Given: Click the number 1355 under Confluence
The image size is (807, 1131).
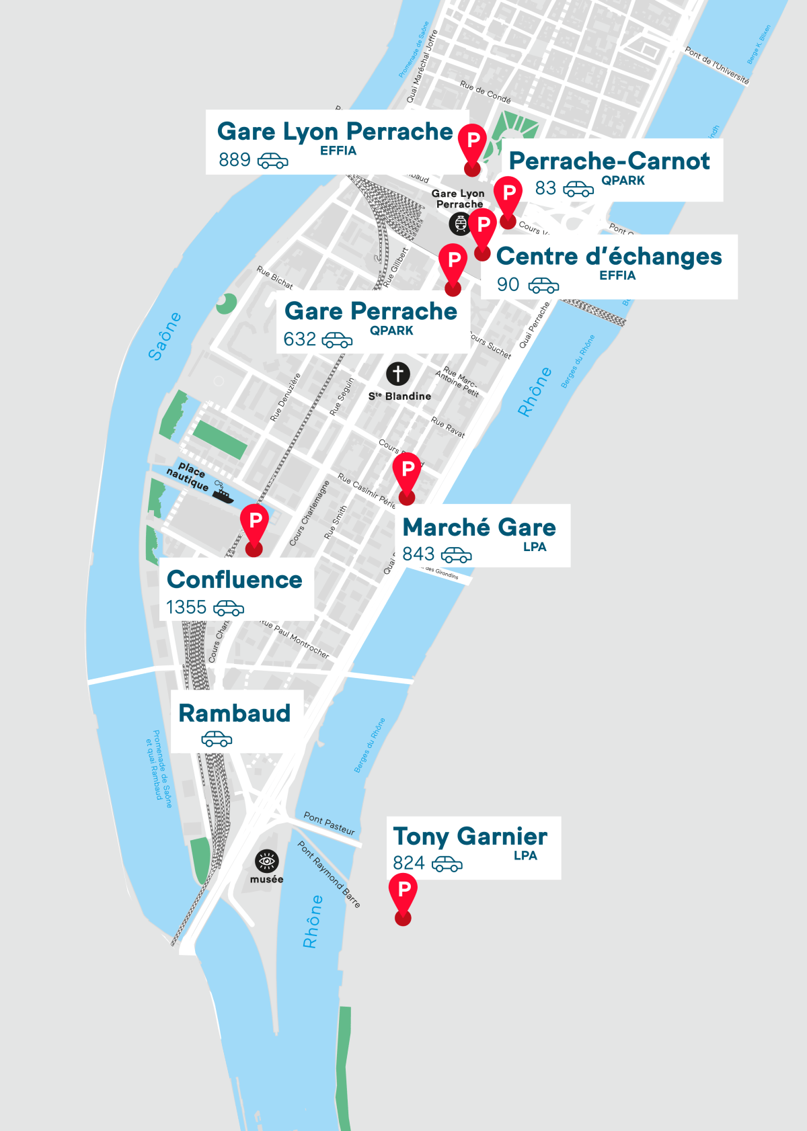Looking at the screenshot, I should click(x=186, y=608).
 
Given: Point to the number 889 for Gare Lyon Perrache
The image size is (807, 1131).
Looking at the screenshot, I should click(x=235, y=160).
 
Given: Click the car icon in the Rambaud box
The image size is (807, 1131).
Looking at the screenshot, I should click(x=217, y=739).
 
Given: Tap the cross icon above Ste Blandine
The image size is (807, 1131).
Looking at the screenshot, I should click(x=398, y=374).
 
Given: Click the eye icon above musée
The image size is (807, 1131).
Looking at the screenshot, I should click(x=267, y=861).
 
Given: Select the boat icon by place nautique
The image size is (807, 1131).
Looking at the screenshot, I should click(x=222, y=493).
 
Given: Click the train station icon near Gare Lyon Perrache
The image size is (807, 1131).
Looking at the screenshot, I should click(x=460, y=223).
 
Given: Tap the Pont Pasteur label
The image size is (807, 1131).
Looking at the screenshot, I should click(x=329, y=823).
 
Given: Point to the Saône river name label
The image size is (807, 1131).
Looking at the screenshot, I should click(x=165, y=336).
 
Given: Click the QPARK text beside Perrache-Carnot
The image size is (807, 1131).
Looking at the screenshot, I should click(x=623, y=180).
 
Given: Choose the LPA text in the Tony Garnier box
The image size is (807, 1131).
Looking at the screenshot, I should click(x=525, y=855).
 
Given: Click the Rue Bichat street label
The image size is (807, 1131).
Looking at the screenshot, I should click(x=274, y=277).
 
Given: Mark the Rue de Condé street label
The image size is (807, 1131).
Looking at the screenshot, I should click(x=485, y=91).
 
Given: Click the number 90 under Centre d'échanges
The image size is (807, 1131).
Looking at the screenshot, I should click(x=508, y=285).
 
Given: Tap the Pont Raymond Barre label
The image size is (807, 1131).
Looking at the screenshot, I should click(x=330, y=874).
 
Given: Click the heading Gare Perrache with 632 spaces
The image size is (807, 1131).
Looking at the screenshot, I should click(x=371, y=311).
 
